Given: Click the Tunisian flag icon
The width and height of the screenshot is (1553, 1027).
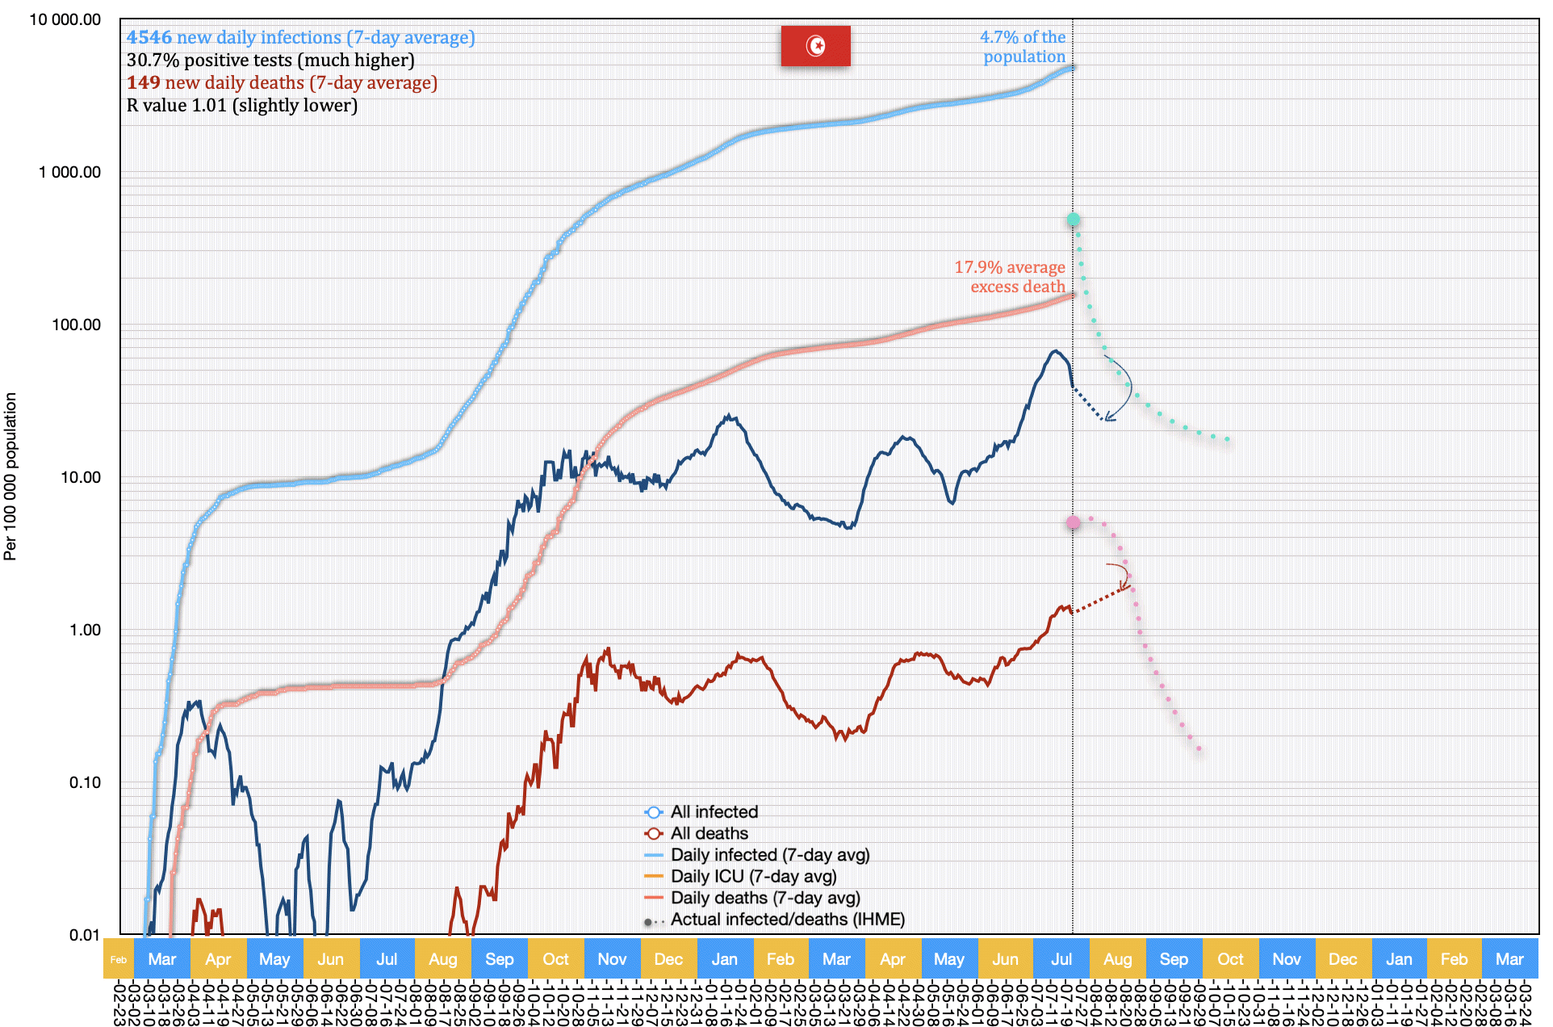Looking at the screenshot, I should tap(815, 46).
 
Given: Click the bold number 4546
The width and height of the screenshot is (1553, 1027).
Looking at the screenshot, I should tap(149, 38).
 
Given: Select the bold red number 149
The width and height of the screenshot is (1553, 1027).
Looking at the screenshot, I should tap(143, 83).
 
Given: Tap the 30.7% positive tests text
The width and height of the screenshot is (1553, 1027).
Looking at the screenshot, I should tap(270, 61).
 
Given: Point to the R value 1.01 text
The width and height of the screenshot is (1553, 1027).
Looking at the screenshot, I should tap(241, 106).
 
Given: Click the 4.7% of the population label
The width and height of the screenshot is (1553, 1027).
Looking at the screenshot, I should tap(1023, 47).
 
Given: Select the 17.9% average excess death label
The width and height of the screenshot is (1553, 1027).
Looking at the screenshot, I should tap(1010, 277).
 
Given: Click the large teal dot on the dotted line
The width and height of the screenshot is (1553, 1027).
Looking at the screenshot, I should tap(1073, 220).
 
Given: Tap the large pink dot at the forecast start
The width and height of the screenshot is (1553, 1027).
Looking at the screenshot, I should tap(1073, 522).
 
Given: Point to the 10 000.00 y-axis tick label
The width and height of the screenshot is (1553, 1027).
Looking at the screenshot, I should tap(65, 19).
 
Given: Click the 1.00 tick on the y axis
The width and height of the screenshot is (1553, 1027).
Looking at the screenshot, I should tap(85, 630).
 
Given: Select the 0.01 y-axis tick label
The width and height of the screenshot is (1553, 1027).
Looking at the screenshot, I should tap(85, 935).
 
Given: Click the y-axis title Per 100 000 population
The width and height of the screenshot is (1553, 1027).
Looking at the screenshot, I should tap(10, 476).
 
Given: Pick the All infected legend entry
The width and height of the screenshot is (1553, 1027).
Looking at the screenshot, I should tap(714, 812).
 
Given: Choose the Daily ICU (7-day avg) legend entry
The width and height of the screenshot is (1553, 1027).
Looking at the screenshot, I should tap(752, 876).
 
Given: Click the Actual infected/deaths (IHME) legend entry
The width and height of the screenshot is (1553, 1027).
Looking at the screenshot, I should tap(787, 920).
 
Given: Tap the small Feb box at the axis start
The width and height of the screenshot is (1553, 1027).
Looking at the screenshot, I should tap(119, 960).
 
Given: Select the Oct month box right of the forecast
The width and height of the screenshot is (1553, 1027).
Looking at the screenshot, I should tap(1230, 960).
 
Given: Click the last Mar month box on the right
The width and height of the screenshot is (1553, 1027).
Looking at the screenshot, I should tap(1509, 960).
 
